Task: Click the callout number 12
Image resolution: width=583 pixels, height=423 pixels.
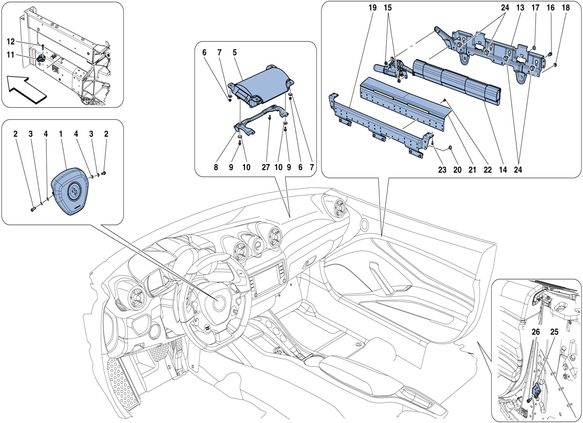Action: click(10, 42)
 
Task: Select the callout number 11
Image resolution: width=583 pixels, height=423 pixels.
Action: click(10, 55)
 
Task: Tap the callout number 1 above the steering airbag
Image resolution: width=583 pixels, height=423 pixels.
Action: click(61, 134)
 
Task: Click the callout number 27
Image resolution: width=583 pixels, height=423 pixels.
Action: click(265, 167)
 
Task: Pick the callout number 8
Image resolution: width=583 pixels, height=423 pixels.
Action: click(216, 167)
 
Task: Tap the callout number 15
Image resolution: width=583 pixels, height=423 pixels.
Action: click(388, 8)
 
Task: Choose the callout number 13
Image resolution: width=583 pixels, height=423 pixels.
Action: click(520, 8)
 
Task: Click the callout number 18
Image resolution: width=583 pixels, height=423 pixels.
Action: click(566, 8)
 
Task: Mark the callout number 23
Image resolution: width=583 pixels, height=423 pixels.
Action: click(442, 170)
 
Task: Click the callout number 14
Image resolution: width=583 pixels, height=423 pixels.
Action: click(503, 170)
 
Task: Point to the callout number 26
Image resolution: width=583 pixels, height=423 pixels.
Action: click(536, 332)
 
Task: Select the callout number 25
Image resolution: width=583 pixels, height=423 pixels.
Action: click(554, 332)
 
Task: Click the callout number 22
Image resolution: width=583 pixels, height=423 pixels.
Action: click(487, 170)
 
